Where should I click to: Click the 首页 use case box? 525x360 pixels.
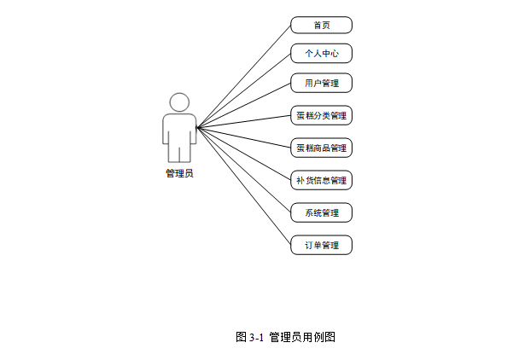click(321, 26)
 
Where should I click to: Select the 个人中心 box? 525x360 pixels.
click(321, 54)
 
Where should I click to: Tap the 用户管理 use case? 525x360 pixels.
click(321, 84)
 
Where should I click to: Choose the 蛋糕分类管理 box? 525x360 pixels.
click(321, 115)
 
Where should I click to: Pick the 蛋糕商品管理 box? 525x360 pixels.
click(321, 148)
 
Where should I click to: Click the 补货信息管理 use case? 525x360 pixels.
click(321, 180)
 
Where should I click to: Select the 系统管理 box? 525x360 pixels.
click(321, 212)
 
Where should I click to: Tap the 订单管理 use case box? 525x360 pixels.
click(321, 245)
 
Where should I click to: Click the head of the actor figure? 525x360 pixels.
click(179, 102)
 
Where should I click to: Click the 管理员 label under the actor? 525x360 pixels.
click(179, 173)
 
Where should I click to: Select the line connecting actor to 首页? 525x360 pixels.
click(248, 73)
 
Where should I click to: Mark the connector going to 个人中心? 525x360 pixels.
click(248, 88)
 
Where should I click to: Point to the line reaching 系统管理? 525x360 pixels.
click(248, 173)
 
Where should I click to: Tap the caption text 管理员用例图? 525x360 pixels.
click(302, 337)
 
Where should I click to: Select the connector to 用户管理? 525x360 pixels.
click(248, 104)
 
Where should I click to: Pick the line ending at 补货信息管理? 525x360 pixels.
click(248, 155)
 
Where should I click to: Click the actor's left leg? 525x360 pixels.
click(173, 151)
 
